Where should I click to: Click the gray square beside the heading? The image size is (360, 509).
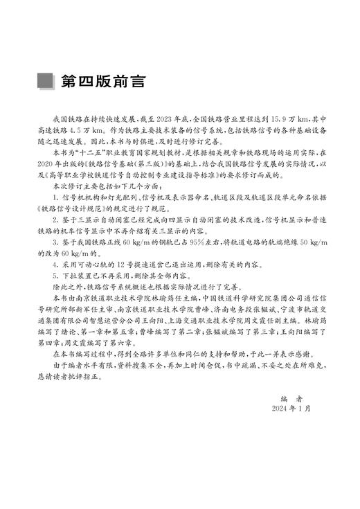[47, 80]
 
